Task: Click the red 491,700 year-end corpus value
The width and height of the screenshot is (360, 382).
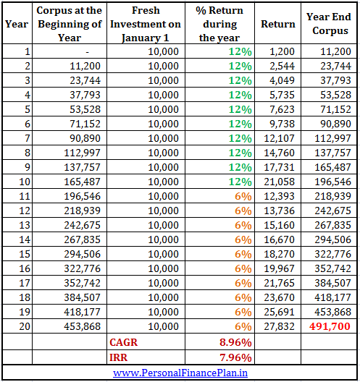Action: [330, 326]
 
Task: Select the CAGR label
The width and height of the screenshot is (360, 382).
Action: [123, 342]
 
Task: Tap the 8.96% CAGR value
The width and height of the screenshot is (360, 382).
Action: [235, 342]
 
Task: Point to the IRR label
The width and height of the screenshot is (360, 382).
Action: [119, 357]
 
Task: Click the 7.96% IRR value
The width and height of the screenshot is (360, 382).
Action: [235, 357]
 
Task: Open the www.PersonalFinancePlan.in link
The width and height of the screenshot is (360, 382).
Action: [180, 373]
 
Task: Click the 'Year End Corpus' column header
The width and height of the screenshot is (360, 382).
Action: [329, 24]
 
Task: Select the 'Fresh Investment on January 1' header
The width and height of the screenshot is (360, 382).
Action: [146, 24]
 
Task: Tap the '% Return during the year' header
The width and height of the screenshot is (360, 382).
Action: [219, 24]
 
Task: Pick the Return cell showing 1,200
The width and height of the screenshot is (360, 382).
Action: [282, 51]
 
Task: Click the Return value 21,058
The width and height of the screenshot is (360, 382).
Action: [280, 182]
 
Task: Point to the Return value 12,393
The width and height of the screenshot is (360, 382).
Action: [280, 196]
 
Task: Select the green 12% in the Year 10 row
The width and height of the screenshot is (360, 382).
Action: [240, 182]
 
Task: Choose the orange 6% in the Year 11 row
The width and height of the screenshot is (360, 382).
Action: [243, 196]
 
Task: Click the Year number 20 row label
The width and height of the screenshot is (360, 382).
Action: [25, 326]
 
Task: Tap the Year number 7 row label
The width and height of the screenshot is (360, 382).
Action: [28, 138]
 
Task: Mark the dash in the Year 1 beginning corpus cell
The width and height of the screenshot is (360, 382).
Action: [88, 52]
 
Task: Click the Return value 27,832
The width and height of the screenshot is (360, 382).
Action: [280, 326]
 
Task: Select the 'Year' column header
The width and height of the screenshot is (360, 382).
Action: [17, 24]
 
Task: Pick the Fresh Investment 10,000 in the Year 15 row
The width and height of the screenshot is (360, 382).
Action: [163, 254]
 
